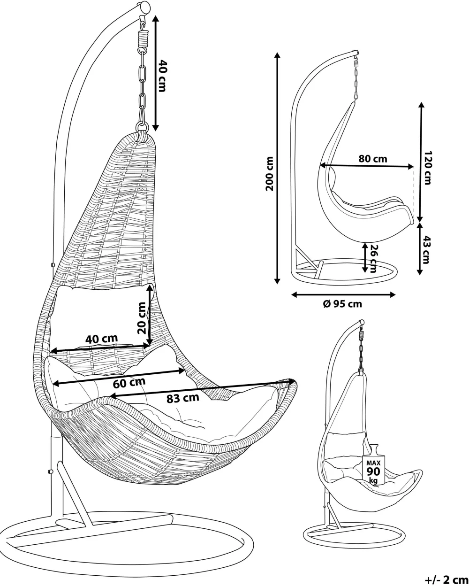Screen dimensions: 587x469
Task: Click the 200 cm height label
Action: click(269, 173)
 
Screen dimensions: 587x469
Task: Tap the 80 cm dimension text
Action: click(373, 159)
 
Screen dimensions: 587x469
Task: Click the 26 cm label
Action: click(373, 258)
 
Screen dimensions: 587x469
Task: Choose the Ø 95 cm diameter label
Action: click(342, 303)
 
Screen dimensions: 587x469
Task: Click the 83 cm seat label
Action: click(183, 398)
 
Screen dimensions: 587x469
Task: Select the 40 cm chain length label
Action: click(162, 75)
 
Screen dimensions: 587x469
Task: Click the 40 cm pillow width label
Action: click(101, 339)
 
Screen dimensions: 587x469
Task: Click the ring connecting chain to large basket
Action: click(142, 126)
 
